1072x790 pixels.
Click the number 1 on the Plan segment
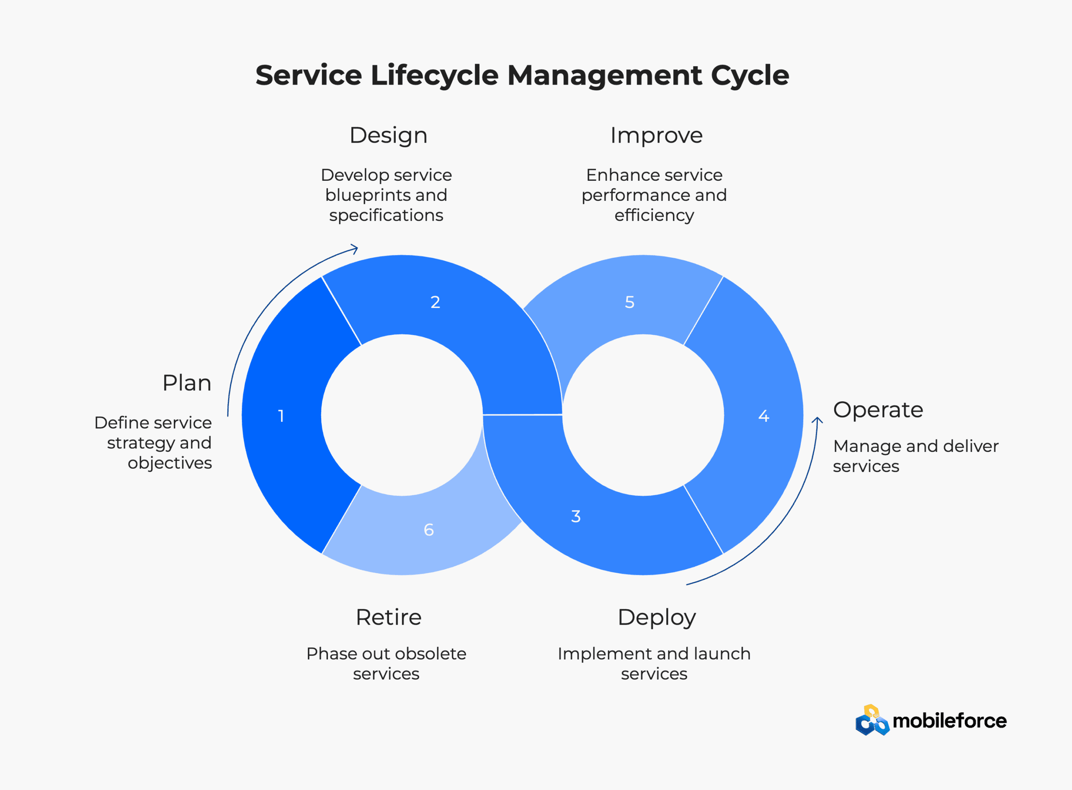(x=281, y=416)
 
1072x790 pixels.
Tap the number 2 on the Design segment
(x=435, y=302)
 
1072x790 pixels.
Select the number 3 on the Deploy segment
(x=576, y=516)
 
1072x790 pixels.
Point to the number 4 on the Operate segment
(x=764, y=416)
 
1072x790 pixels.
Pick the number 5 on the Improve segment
(x=630, y=302)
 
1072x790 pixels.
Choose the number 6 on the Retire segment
(x=429, y=530)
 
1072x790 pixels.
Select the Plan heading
(x=187, y=383)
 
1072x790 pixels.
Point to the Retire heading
(x=389, y=617)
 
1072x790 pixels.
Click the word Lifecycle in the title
(x=435, y=76)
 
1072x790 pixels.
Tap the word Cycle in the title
(x=750, y=76)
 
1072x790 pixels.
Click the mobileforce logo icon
(x=872, y=720)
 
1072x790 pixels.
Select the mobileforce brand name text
(x=949, y=721)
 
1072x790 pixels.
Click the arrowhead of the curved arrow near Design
(x=355, y=248)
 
